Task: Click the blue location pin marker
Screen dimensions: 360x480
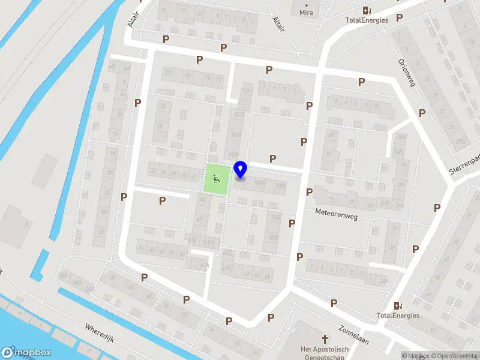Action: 240,170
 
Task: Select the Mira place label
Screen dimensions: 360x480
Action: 306,12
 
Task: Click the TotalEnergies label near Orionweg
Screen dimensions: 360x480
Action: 367,20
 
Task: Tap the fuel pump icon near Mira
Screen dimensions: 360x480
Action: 367,10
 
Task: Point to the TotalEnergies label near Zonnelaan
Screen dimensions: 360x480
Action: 398,315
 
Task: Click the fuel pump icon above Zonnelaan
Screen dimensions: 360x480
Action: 398,305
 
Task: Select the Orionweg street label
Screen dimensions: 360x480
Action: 407,73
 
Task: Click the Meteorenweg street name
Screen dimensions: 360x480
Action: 337,214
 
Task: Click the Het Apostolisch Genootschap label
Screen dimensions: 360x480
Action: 325,353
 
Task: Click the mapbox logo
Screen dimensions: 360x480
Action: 26,353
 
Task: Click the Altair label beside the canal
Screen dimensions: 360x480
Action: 133,19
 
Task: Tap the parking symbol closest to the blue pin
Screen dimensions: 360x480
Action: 273,158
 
